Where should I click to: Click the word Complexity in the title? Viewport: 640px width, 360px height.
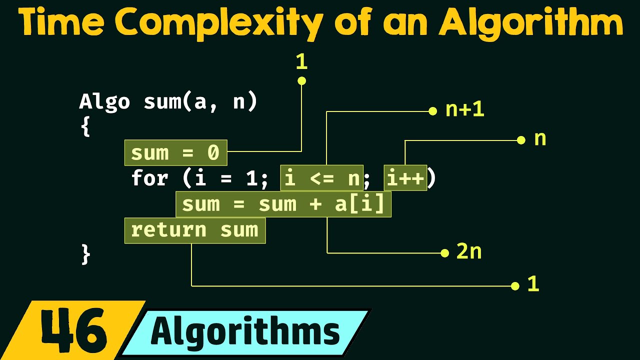(220, 23)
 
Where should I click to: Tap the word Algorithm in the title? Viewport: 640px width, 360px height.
(530, 23)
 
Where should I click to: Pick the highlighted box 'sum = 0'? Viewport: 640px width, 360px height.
(175, 153)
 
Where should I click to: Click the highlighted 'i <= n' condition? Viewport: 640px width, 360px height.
(322, 178)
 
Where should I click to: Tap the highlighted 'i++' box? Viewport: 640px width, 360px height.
(405, 178)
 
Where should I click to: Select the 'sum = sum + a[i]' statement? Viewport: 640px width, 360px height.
(283, 204)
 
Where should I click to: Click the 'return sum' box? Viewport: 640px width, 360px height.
(194, 230)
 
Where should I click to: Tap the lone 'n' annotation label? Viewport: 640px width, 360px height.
(540, 139)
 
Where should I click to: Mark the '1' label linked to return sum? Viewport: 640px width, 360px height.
(533, 285)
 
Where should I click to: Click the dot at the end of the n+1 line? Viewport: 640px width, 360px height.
(433, 111)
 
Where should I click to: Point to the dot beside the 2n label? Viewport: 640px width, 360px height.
(444, 253)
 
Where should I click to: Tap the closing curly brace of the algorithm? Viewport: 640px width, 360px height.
(85, 254)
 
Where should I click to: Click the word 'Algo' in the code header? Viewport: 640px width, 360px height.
(104, 102)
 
